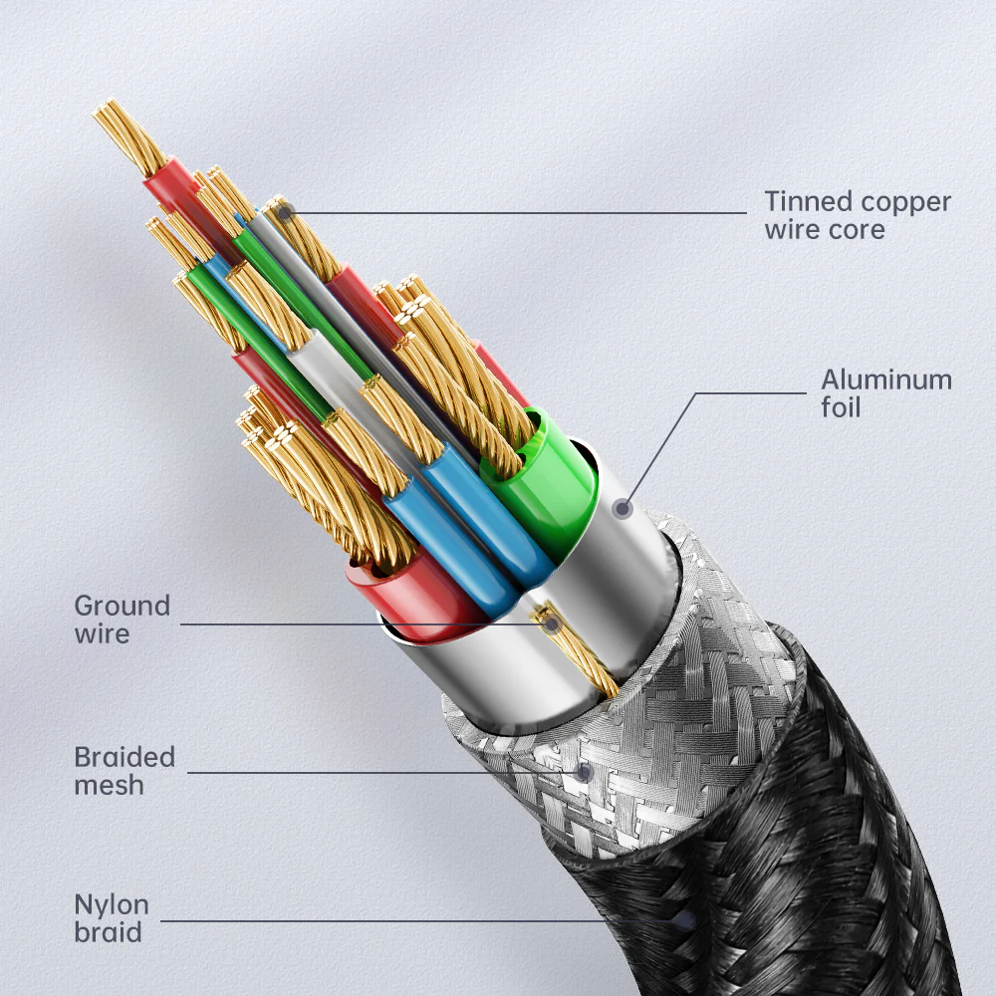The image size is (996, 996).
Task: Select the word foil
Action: point(841,407)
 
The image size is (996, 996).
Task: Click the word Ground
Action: point(123,606)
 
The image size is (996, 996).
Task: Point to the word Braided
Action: point(124,757)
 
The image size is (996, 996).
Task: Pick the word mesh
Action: point(109,785)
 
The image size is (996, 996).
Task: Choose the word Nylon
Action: point(112,905)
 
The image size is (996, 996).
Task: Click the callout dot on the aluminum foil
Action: point(623,509)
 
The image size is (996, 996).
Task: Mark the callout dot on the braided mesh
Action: point(585,771)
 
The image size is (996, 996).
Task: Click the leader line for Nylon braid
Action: point(398,921)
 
